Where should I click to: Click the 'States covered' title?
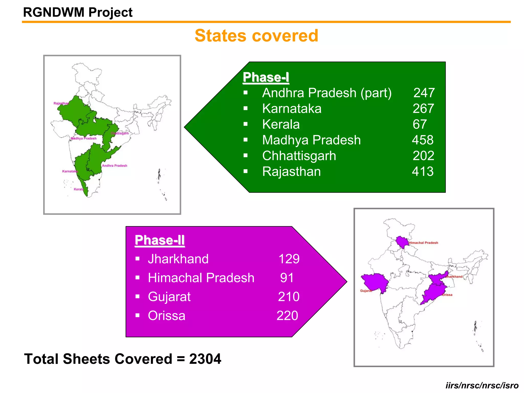tap(256, 36)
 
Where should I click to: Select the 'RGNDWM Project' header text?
tap(78, 12)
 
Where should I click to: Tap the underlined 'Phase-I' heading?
tap(266, 77)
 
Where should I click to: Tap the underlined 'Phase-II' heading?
tap(160, 240)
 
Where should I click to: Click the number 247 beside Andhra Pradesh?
tap(424, 93)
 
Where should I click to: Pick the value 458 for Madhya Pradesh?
tap(423, 140)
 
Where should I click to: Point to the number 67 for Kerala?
tap(420, 124)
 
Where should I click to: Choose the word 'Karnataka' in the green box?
tap(292, 108)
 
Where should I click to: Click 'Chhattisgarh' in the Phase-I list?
tap(299, 156)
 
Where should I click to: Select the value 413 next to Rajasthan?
tap(423, 171)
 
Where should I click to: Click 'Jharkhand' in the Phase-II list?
tap(178, 259)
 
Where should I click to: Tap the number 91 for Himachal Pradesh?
tap(287, 278)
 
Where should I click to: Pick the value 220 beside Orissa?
tap(287, 315)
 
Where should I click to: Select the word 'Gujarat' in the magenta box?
tap(169, 297)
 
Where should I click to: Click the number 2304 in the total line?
tap(205, 359)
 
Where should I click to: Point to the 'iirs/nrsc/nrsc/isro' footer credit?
tap(482, 385)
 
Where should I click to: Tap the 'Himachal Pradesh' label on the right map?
tap(423, 243)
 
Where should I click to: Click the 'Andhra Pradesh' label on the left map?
tap(114, 166)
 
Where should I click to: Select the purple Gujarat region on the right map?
tap(375, 282)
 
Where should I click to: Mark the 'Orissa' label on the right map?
tap(447, 295)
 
